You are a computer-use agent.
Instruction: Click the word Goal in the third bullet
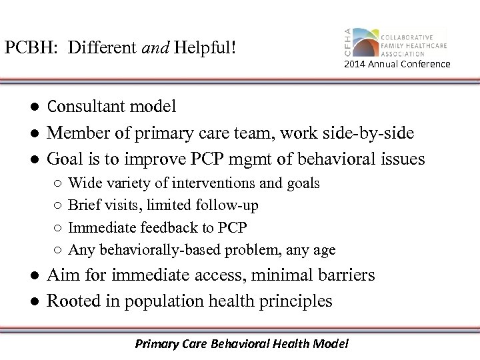65,161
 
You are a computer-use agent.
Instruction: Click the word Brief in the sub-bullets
84,205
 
